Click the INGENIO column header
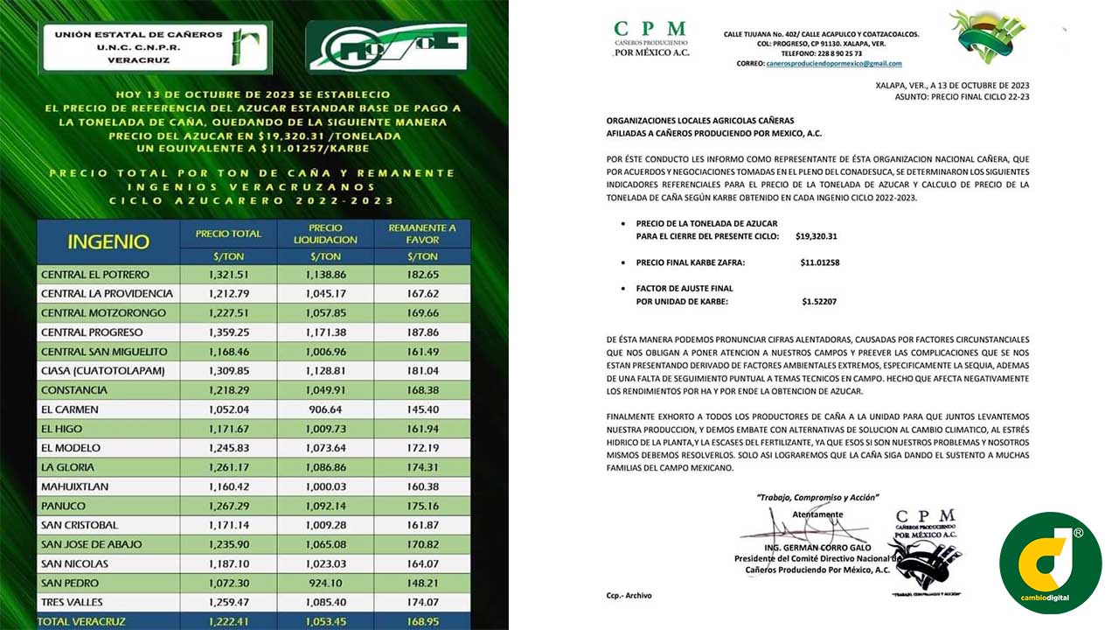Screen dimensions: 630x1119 [108, 241]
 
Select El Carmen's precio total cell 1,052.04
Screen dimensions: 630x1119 [228, 409]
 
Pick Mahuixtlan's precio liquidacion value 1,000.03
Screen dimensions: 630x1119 [326, 486]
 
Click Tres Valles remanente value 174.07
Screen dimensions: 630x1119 [422, 602]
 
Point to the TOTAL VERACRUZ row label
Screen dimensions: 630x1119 [81, 621]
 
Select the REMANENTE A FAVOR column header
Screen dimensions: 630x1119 [422, 234]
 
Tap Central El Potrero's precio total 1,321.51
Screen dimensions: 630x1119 [228, 275]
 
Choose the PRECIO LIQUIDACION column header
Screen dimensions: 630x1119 [325, 234]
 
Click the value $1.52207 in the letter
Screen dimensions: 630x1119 [819, 302]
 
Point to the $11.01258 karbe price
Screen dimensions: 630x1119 [819, 262]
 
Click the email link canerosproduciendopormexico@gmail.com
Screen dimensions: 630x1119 [833, 64]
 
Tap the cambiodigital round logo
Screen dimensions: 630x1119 [1050, 563]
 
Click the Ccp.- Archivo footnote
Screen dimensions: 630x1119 [629, 596]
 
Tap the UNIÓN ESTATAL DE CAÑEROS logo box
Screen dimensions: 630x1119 [157, 47]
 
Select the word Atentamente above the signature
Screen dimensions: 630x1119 [817, 514]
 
